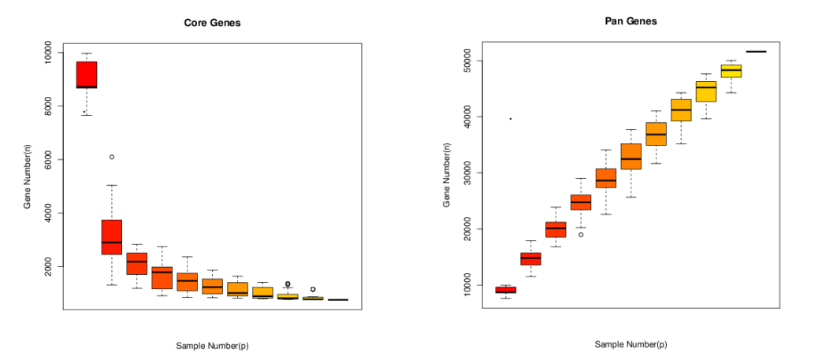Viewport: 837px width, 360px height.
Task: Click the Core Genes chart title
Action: [x=212, y=23]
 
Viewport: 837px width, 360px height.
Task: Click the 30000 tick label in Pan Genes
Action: [x=468, y=173]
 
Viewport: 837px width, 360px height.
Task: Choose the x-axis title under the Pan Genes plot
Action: [x=631, y=344]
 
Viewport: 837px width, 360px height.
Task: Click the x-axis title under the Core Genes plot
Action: [x=212, y=345]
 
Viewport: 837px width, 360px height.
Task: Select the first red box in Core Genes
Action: [x=86, y=74]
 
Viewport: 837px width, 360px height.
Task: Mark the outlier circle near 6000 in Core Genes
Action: [x=112, y=157]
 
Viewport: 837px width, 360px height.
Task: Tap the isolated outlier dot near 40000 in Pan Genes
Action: [x=511, y=119]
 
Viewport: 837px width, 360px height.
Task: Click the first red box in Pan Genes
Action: [x=505, y=290]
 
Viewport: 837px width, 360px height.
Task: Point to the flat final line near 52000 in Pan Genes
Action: [x=756, y=51]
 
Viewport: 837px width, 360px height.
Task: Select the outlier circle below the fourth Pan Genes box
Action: [x=581, y=235]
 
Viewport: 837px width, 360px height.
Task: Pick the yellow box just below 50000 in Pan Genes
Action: [x=731, y=71]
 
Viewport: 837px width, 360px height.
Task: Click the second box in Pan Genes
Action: [x=530, y=258]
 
